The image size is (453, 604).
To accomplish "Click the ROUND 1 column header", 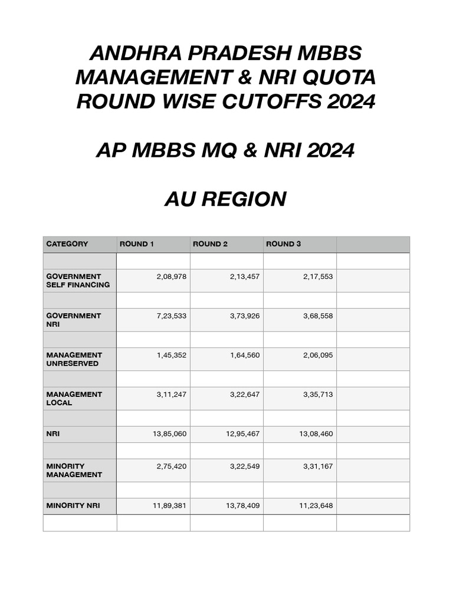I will point(137,244).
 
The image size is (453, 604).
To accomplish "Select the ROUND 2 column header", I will point(210,244).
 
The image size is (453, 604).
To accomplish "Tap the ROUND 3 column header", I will point(283,244).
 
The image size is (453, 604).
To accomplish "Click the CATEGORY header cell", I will point(67,244).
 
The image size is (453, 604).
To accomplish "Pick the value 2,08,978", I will point(171,277).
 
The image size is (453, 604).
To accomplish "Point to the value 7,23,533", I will point(171,316).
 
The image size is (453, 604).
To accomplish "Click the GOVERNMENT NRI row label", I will point(74,320).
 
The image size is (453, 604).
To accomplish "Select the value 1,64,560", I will point(245,355).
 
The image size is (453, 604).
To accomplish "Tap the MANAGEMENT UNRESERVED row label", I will point(74,359).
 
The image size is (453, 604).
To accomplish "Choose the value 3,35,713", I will point(318,395).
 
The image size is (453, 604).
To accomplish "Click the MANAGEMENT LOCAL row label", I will point(74,399).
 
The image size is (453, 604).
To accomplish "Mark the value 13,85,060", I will point(169,434).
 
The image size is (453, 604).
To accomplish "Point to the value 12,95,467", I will point(242,434).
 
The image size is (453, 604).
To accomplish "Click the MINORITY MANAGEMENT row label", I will point(74,470).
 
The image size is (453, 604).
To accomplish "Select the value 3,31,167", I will point(318,467).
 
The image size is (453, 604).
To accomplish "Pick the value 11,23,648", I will point(316,506).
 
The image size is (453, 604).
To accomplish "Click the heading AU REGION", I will point(225,199).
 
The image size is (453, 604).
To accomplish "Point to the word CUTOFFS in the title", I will point(260,102).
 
